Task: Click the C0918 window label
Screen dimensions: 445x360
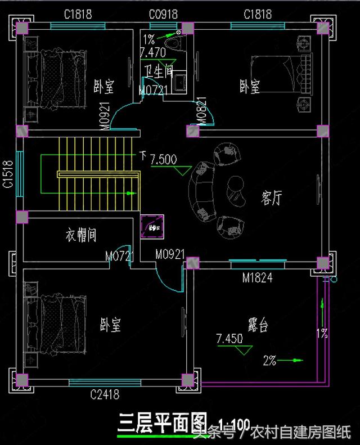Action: coord(164,14)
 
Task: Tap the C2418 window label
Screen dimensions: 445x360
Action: coord(105,394)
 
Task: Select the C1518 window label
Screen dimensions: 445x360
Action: coord(8,174)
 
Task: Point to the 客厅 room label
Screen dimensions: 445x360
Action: coord(271,197)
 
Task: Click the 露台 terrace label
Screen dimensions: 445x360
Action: coord(257,325)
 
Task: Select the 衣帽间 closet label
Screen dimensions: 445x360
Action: coord(80,235)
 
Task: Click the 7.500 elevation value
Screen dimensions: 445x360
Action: coord(163,159)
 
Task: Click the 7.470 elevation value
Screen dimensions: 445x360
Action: coord(153,52)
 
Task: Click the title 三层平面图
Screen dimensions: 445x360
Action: coord(161,422)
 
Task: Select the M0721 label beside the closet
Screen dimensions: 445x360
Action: coord(119,257)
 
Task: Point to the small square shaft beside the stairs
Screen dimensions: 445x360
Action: coord(152,226)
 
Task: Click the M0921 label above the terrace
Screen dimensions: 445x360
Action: coord(170,255)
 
